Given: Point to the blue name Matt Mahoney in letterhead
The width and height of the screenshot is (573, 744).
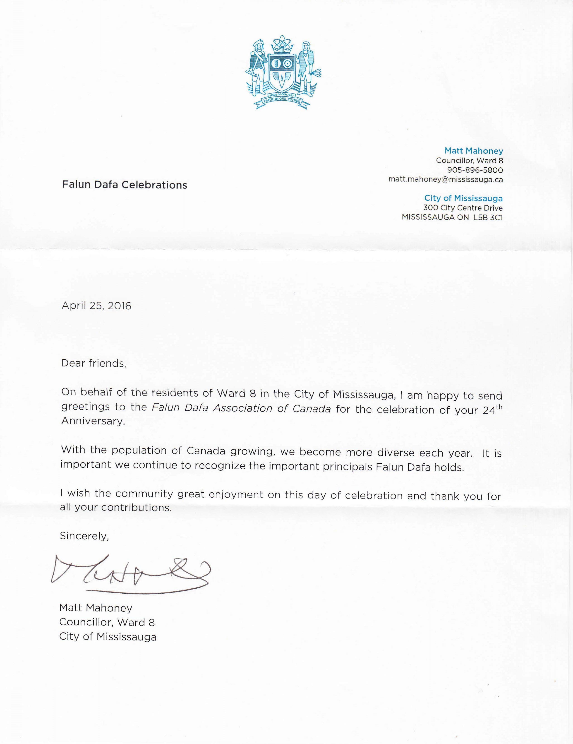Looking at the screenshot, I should coord(474,151).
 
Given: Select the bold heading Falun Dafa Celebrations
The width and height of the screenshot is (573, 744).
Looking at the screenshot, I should coord(125,185).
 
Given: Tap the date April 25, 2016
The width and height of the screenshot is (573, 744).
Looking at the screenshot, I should coord(96,306).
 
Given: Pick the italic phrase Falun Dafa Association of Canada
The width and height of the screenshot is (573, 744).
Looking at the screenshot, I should coord(241,408).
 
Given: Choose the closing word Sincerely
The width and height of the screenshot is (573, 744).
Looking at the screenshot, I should coord(84,536).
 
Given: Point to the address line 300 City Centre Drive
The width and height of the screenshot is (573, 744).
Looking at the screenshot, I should coord(463,208).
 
